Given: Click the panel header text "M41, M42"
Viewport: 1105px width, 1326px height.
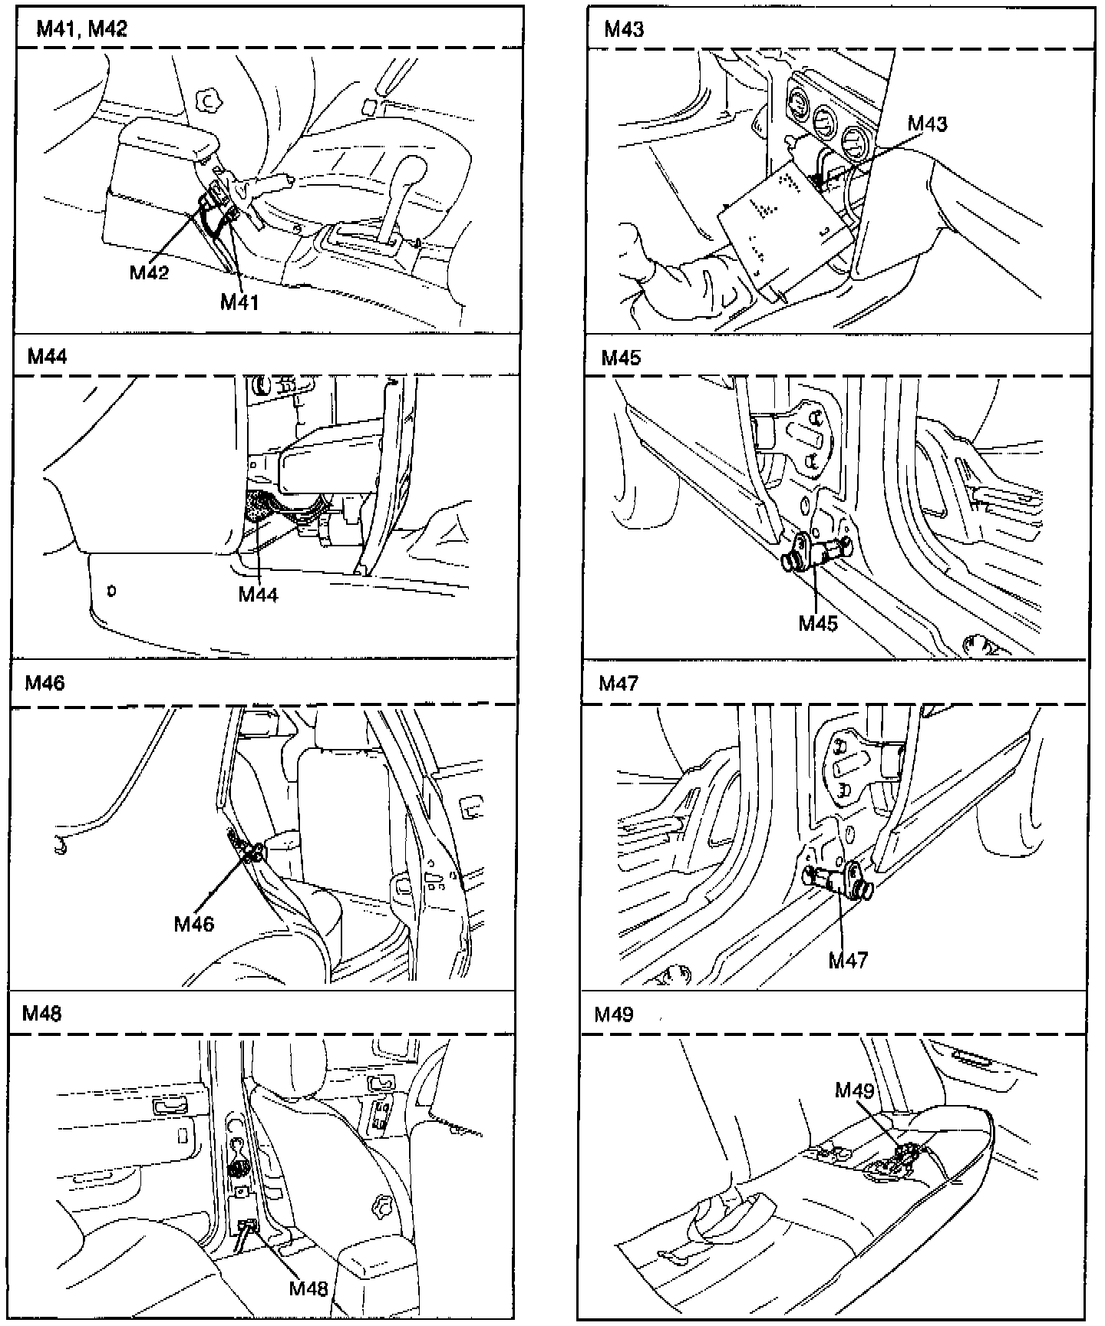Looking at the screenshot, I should pyautogui.click(x=81, y=29).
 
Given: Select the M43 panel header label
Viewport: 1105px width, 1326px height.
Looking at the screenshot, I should pyautogui.click(x=624, y=29).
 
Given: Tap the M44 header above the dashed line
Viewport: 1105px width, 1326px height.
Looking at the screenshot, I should pyautogui.click(x=47, y=357).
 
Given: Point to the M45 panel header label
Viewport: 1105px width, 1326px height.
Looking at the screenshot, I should pyautogui.click(x=621, y=358).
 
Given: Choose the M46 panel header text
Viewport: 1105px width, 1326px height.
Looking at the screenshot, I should pyautogui.click(x=45, y=683).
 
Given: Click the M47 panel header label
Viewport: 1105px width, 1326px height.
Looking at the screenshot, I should pyautogui.click(x=618, y=683).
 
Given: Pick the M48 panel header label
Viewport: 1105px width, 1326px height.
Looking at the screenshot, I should pyautogui.click(x=41, y=1014).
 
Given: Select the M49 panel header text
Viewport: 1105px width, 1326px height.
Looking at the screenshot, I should pyautogui.click(x=615, y=1014).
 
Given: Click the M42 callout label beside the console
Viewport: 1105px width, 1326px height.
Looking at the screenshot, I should pyautogui.click(x=149, y=272).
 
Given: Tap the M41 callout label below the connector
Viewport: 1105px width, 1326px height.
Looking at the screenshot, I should pyautogui.click(x=239, y=302).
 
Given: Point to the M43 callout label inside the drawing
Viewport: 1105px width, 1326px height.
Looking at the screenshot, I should pyautogui.click(x=927, y=124).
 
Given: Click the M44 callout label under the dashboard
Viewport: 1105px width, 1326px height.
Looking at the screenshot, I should pyautogui.click(x=258, y=594).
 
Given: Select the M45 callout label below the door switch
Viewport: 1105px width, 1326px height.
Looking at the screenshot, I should pyautogui.click(x=818, y=622).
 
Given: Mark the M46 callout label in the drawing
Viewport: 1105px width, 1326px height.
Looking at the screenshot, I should pyautogui.click(x=193, y=924).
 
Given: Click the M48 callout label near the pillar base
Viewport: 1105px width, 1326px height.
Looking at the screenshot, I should pyautogui.click(x=308, y=1288).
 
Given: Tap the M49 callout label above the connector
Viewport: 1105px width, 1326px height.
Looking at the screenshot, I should pyautogui.click(x=855, y=1090).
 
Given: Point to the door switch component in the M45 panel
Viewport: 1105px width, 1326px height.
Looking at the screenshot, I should pyautogui.click(x=816, y=552).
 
